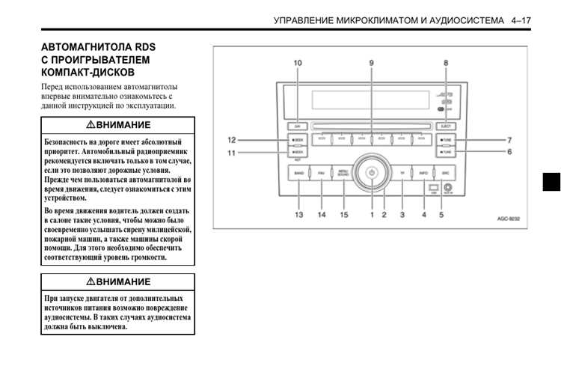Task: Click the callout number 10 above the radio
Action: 298,64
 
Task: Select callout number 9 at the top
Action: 372,64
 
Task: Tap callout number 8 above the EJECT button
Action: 447,64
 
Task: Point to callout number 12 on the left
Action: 232,140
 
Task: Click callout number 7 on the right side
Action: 509,140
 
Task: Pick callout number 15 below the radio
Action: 344,215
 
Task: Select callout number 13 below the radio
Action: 298,215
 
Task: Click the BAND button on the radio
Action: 298,173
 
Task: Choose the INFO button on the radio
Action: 423,173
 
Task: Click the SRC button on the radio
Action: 445,173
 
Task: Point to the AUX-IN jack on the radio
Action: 448,188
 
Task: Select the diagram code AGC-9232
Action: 508,219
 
